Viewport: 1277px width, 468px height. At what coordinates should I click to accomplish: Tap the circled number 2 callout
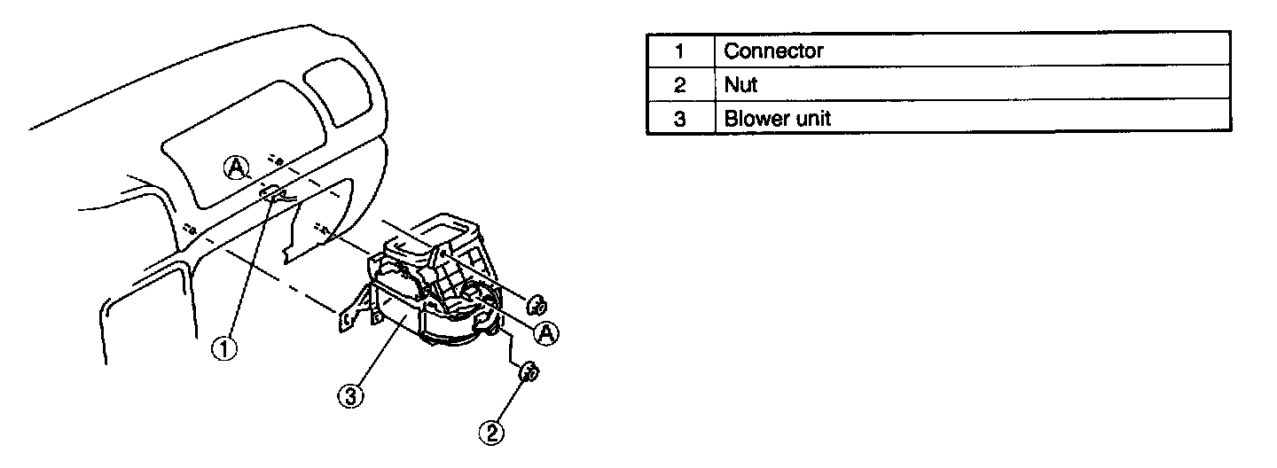tap(492, 432)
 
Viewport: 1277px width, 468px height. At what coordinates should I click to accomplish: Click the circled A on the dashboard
tap(235, 165)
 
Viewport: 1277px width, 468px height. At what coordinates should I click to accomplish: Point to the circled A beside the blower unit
tap(547, 332)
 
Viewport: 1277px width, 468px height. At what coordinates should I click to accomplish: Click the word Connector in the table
tap(773, 51)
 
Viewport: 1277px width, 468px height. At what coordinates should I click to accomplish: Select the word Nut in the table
tap(741, 84)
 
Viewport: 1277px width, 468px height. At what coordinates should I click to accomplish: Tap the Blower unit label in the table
tap(778, 118)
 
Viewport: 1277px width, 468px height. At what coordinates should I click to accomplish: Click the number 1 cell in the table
tap(680, 51)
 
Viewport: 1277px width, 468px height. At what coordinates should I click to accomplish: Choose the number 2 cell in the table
tap(680, 84)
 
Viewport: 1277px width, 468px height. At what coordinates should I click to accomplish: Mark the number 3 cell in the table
tap(680, 118)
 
